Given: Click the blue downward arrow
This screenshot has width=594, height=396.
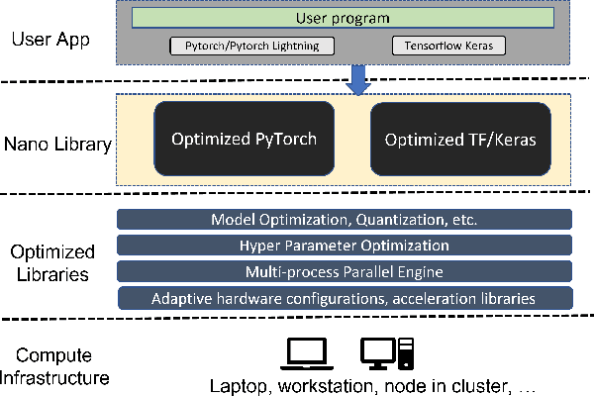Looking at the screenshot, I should coord(358,79).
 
